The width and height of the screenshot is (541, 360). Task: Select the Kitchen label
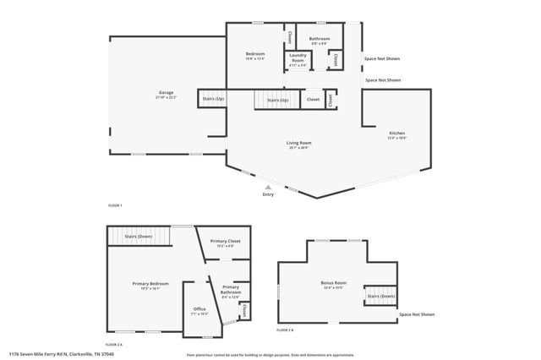tap(397, 134)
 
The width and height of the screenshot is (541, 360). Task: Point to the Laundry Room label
tap(298, 60)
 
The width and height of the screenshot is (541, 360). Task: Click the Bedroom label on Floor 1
tap(254, 54)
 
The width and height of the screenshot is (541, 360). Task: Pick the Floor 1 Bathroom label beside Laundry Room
tap(320, 39)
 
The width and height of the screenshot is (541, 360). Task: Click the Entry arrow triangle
tap(269, 188)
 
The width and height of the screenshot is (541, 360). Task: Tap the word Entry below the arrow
tap(269, 195)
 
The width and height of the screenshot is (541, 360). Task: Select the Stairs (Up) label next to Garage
tap(213, 99)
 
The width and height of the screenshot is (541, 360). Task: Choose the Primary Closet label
tap(226, 242)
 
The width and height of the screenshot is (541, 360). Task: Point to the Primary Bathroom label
tap(231, 289)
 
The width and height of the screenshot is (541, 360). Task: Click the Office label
tap(199, 309)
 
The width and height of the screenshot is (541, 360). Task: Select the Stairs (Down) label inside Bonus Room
tap(380, 297)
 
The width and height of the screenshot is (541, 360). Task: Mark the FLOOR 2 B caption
tap(286, 330)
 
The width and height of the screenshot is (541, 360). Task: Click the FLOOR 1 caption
tap(115, 206)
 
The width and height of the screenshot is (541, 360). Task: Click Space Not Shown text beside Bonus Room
tap(417, 314)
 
